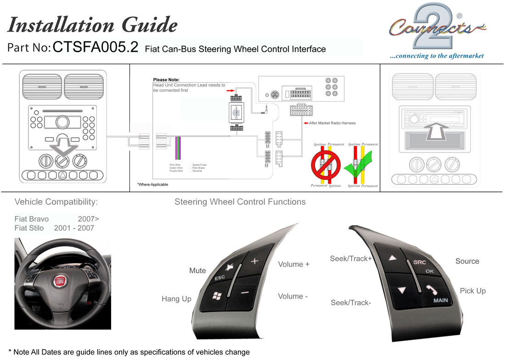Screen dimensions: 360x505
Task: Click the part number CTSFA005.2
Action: click(x=95, y=48)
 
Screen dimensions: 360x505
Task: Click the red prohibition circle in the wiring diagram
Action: click(x=325, y=166)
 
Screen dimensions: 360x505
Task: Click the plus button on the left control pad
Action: click(x=255, y=262)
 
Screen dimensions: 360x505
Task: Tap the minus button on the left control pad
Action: click(x=244, y=292)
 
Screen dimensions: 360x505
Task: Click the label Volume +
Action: click(x=294, y=264)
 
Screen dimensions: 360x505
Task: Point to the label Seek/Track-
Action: click(x=351, y=302)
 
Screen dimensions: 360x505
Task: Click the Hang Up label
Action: click(x=176, y=299)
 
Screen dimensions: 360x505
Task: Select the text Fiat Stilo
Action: click(x=29, y=228)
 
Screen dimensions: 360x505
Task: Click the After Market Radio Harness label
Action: click(x=332, y=123)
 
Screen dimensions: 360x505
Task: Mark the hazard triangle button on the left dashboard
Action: click(x=62, y=175)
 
